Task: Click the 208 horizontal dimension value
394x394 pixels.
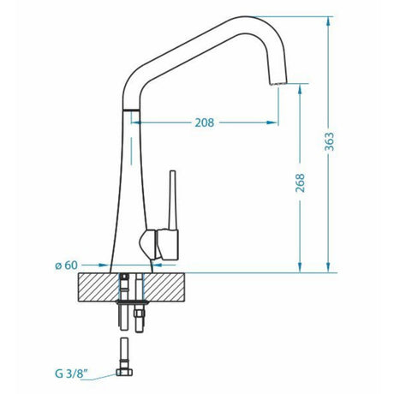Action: click(x=203, y=122)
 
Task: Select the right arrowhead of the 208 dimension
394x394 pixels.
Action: click(x=272, y=122)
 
